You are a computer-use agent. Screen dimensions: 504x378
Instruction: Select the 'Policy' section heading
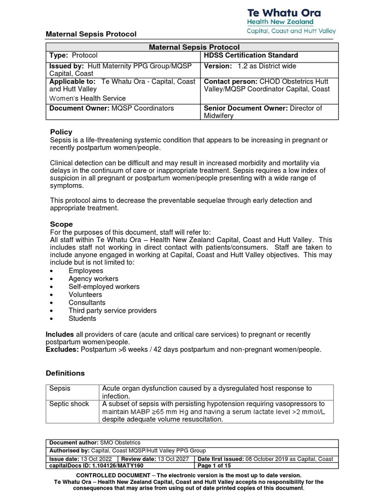tap(62, 132)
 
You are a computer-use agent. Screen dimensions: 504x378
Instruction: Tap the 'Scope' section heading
tap(62, 224)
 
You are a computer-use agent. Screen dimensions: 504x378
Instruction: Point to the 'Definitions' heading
tap(65, 373)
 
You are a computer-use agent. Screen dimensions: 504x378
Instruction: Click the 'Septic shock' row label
tap(69, 404)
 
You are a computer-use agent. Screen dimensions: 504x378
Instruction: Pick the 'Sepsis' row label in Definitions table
tap(60, 388)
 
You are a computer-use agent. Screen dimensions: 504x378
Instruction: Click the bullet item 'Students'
tap(83, 318)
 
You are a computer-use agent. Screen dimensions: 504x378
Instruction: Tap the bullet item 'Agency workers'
tap(94, 279)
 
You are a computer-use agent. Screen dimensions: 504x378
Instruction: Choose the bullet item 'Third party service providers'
tap(113, 311)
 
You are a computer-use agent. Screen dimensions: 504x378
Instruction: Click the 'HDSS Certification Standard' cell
tap(251, 56)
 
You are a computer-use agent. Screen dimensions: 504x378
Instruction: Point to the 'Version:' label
tap(218, 66)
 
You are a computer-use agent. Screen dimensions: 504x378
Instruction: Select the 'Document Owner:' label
tap(76, 108)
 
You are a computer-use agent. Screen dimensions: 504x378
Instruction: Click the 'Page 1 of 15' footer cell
tap(214, 465)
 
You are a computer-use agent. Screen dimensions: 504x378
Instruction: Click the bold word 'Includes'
tap(60, 335)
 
